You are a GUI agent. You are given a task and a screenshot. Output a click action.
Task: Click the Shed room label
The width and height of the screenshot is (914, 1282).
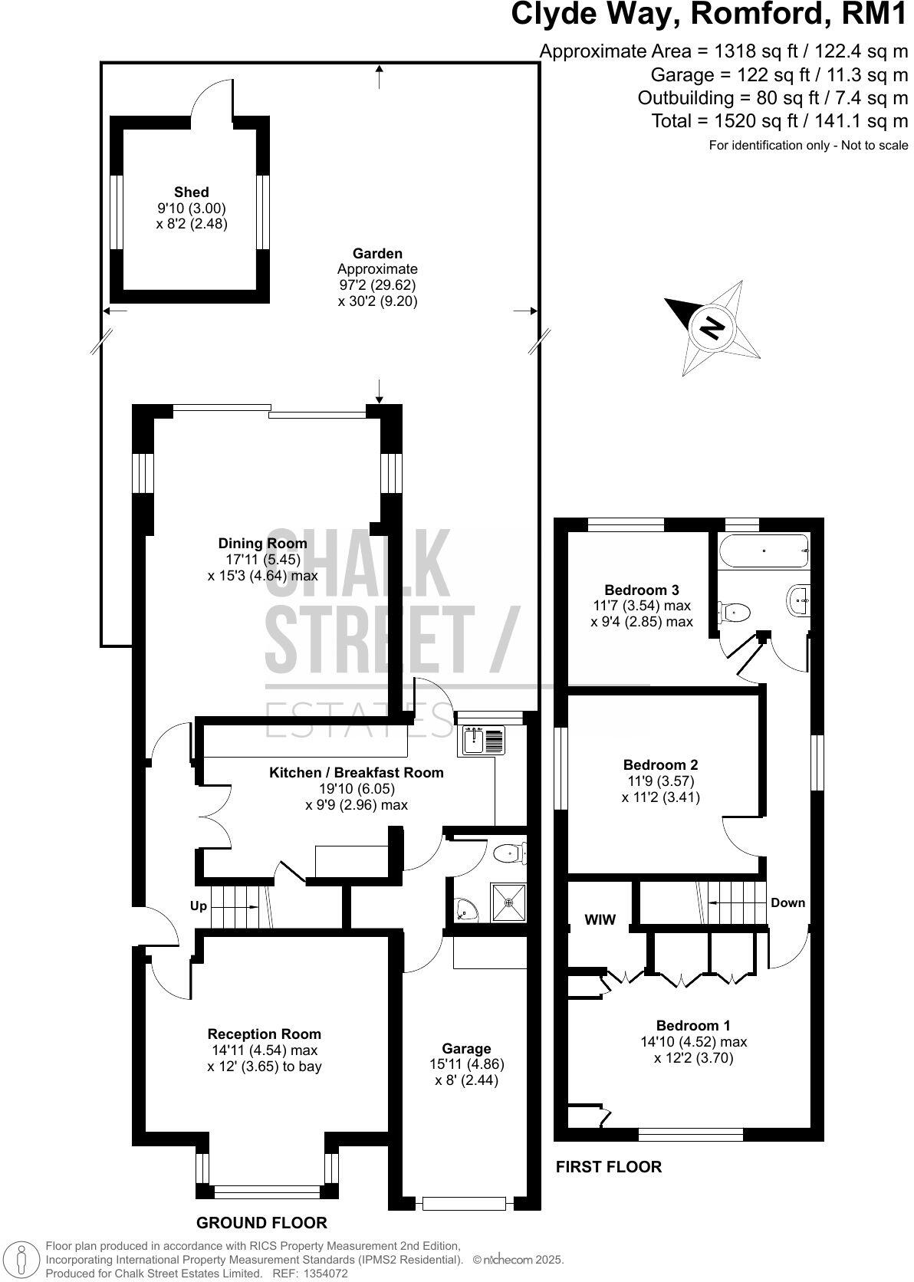click(x=191, y=192)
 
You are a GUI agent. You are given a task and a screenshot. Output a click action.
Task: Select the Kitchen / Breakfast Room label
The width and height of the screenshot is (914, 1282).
click(x=356, y=772)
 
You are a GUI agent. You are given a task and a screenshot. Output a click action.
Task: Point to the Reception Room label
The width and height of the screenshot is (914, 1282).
click(x=264, y=1034)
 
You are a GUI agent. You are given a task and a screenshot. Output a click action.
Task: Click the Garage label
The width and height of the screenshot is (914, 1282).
click(x=466, y=1048)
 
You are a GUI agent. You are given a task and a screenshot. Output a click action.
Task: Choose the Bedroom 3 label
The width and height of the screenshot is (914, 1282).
click(x=641, y=590)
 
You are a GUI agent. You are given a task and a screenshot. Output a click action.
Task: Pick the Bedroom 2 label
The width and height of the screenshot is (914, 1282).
click(x=660, y=764)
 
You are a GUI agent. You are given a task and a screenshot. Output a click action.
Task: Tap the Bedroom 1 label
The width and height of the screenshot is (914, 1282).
click(x=693, y=1025)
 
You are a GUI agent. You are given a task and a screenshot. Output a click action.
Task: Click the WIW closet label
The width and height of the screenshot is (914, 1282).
click(x=600, y=920)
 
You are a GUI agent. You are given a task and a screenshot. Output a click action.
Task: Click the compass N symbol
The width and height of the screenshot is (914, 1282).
click(x=713, y=327)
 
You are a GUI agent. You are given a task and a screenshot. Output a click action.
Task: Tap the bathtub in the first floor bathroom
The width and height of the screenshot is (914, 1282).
click(x=763, y=550)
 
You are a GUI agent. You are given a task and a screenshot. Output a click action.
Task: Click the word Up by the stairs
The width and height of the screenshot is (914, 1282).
click(x=199, y=906)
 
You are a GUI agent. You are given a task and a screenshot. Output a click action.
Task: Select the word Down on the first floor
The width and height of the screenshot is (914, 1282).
click(x=787, y=902)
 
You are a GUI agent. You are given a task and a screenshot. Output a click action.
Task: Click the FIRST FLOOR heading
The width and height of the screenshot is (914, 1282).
click(x=608, y=1167)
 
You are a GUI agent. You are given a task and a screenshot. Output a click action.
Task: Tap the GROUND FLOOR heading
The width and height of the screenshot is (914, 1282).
click(x=261, y=1222)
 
